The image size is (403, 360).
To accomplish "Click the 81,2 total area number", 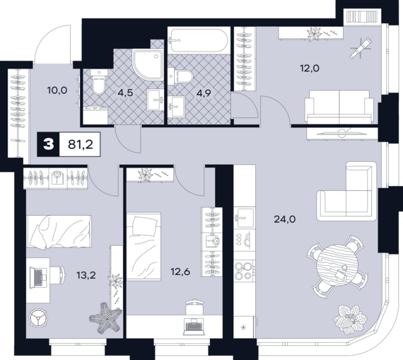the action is pyautogui.click(x=80, y=144).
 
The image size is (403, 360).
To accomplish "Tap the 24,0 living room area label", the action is pyautogui.click(x=284, y=219).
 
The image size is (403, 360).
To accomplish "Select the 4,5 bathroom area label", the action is pyautogui.click(x=125, y=93).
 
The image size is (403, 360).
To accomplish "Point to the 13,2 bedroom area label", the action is pyautogui.click(x=86, y=275).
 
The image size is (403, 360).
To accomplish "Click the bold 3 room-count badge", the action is pyautogui.click(x=48, y=144).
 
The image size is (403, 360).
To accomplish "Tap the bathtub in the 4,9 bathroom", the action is pyautogui.click(x=198, y=40).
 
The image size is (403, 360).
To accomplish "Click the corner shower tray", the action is pyautogui.click(x=148, y=64).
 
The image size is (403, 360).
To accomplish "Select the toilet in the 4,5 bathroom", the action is pyautogui.click(x=99, y=81).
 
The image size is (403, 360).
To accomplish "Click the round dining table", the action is pyautogui.click(x=337, y=265).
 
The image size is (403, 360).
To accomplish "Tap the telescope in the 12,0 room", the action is pyautogui.click(x=361, y=47).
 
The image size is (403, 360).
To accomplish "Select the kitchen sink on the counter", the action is pyautogui.click(x=245, y=218).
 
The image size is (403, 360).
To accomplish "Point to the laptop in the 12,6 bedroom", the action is pyautogui.click(x=194, y=327).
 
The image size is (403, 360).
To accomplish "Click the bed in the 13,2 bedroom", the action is pyautogui.click(x=59, y=232).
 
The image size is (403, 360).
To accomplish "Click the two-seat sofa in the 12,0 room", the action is pyautogui.click(x=339, y=106).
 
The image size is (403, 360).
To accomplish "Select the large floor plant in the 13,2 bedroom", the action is pyautogui.click(x=105, y=318).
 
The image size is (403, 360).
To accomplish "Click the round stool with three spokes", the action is pyautogui.click(x=39, y=318).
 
